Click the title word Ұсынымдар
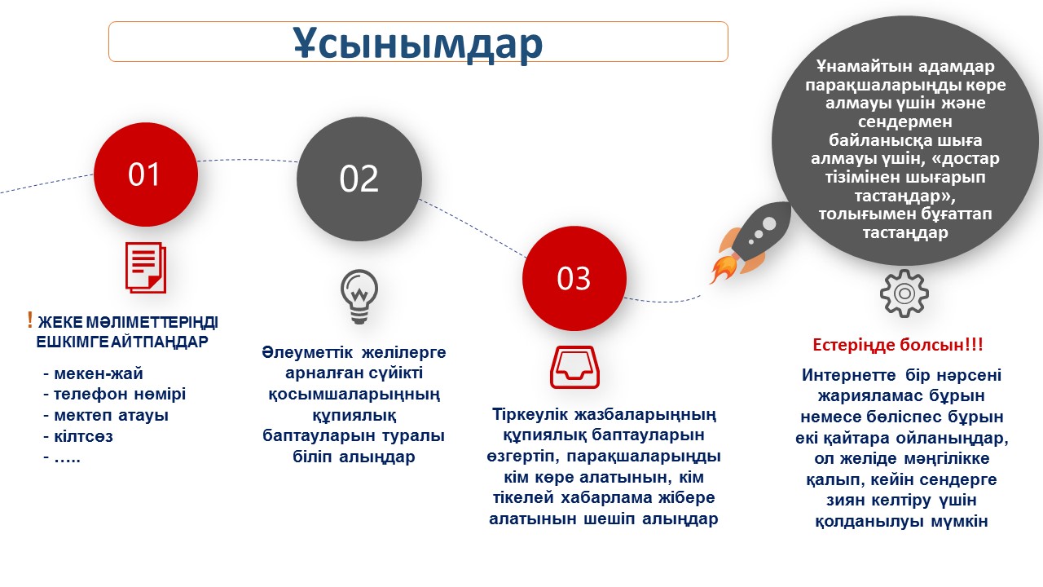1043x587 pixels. point(418,43)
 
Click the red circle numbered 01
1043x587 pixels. point(146,174)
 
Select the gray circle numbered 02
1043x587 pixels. point(359,179)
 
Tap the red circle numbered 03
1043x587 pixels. point(574,278)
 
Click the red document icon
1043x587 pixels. point(146,267)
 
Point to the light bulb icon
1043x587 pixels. point(359,297)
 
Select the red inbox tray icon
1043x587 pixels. point(574,367)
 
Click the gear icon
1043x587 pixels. point(904,293)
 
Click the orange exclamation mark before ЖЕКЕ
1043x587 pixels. point(30,320)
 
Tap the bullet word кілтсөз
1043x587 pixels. point(83,436)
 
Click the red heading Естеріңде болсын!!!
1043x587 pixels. point(898,345)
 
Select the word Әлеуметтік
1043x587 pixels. point(308,353)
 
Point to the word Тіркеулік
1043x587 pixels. point(530,414)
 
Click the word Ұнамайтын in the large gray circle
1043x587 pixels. point(856,66)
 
